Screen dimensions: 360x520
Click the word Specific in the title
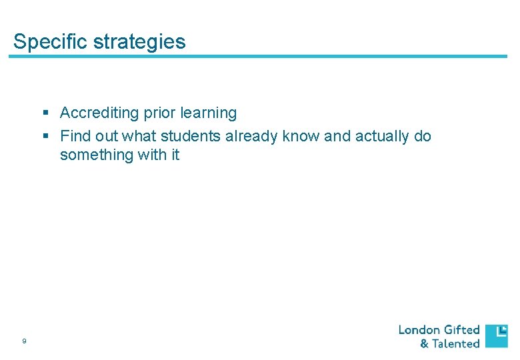coord(50,42)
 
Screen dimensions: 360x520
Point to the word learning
coord(206,113)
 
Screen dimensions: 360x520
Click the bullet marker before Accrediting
coord(47,113)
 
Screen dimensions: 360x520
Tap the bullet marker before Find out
coord(47,136)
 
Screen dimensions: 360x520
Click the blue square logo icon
coord(496,336)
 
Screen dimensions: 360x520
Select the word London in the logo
coord(419,329)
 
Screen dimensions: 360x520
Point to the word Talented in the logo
coord(455,343)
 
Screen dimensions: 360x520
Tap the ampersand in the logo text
coord(424,344)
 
